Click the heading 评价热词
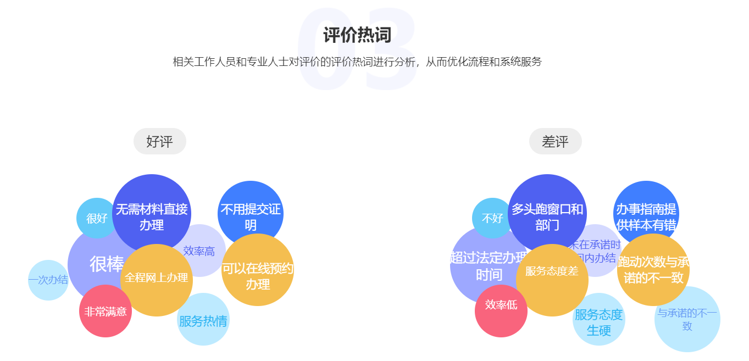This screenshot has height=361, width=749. [357, 35]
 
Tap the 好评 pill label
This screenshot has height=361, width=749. [160, 141]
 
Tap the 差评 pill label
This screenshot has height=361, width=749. [555, 141]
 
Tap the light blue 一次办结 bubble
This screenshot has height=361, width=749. [48, 280]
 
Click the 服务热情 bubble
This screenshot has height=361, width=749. [203, 320]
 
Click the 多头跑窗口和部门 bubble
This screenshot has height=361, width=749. [547, 212]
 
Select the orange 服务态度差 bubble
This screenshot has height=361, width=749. [552, 280]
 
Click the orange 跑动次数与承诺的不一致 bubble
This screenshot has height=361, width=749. [653, 270]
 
